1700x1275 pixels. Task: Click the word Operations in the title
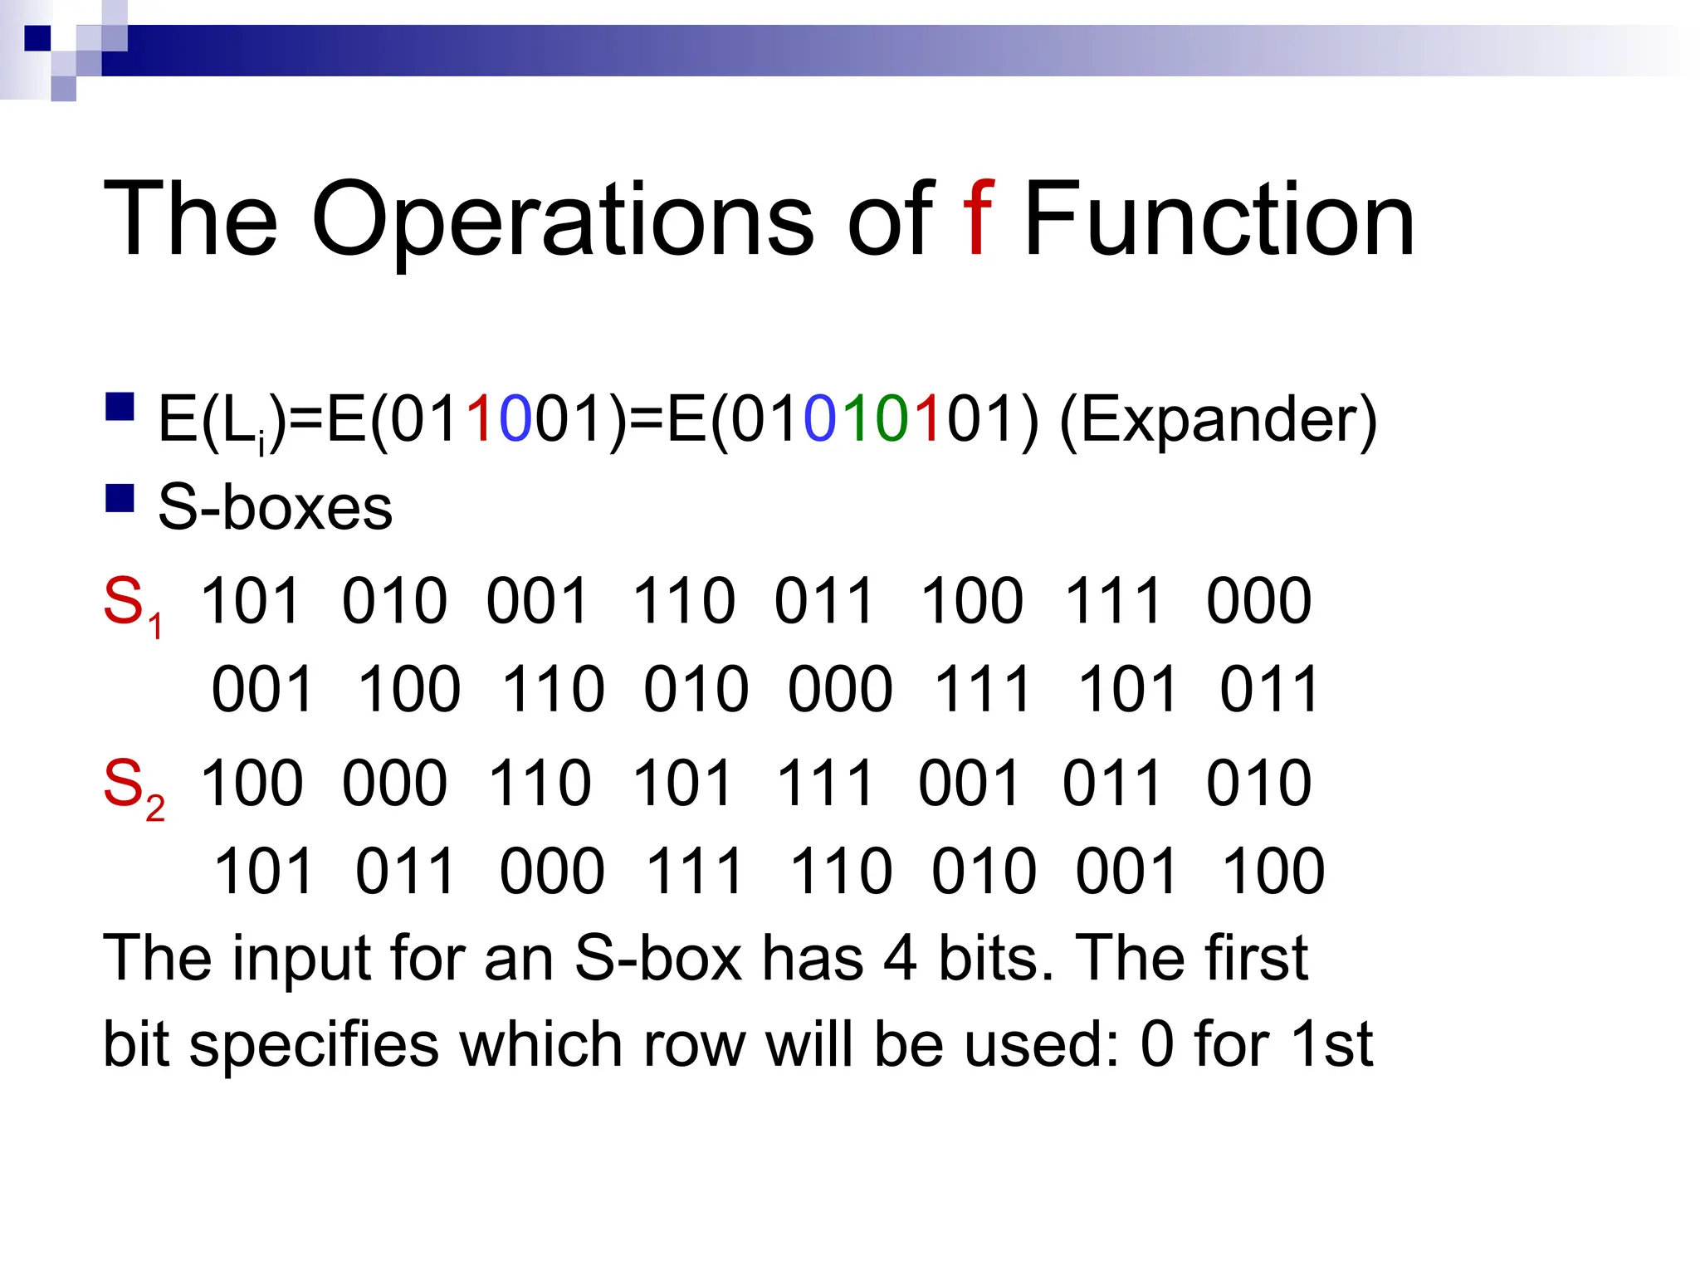(x=563, y=221)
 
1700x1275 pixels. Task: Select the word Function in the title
(x=1219, y=221)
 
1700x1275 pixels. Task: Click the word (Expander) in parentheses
(x=1219, y=420)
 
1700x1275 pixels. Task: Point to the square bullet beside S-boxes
(x=120, y=498)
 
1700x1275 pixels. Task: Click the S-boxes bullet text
(x=275, y=507)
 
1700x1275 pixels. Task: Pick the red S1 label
(x=132, y=604)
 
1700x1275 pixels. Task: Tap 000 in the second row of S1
(x=840, y=689)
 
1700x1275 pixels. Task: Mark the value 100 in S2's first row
(x=252, y=783)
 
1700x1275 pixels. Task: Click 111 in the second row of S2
(x=694, y=872)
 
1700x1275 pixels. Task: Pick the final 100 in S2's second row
(x=1273, y=872)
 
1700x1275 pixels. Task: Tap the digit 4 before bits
(x=900, y=959)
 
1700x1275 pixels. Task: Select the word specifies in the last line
(x=314, y=1045)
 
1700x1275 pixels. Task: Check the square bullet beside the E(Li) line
(x=120, y=408)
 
